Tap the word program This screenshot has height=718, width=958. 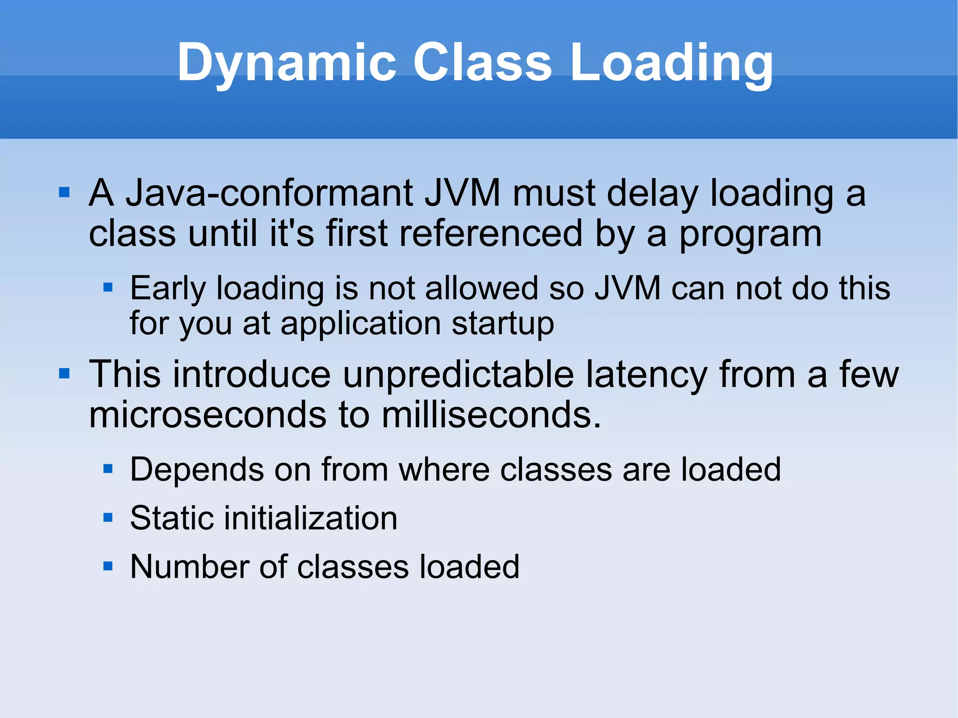coord(750,234)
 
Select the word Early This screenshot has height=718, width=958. coord(167,289)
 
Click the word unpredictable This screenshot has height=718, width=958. coord(458,374)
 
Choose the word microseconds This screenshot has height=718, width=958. coord(208,414)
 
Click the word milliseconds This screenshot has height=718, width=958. coord(491,414)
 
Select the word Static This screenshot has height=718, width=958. coord(172,518)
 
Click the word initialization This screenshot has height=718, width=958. coord(311,518)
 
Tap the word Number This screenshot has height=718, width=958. coord(189,566)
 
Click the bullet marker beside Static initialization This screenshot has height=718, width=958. coord(108,517)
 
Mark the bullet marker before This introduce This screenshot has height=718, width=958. coord(64,373)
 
